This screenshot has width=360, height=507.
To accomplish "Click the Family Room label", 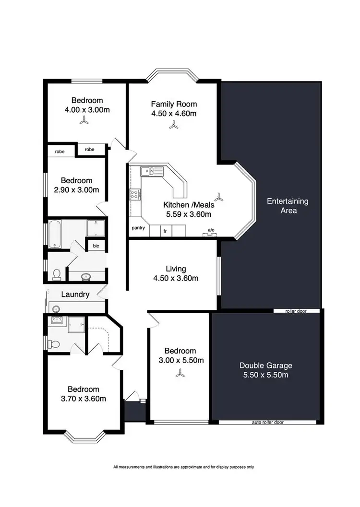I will pyautogui.click(x=174, y=104).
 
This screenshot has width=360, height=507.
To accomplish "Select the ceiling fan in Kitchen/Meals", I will pyautogui.click(x=219, y=197).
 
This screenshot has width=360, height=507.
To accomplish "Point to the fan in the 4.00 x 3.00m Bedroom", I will pyautogui.click(x=84, y=122).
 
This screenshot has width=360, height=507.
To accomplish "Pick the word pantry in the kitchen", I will pyautogui.click(x=138, y=228).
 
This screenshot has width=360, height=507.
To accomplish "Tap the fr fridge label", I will pyautogui.click(x=165, y=231).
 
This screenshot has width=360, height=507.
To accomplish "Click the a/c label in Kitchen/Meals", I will pyautogui.click(x=210, y=230).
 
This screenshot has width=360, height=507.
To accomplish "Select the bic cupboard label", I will pyautogui.click(x=96, y=246).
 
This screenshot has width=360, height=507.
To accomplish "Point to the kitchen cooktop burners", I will pyautogui.click(x=135, y=194).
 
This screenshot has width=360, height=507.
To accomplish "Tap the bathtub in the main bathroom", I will pyautogui.click(x=55, y=234).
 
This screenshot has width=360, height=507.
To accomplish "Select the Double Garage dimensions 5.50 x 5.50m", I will pyautogui.click(x=265, y=375).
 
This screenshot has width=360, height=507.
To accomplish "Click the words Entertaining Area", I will pyautogui.click(x=288, y=206).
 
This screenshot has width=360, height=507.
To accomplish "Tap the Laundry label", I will pyautogui.click(x=75, y=295).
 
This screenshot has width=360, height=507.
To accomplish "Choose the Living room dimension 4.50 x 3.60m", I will pyautogui.click(x=175, y=278).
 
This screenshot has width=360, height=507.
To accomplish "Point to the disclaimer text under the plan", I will pyautogui.click(x=183, y=467).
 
